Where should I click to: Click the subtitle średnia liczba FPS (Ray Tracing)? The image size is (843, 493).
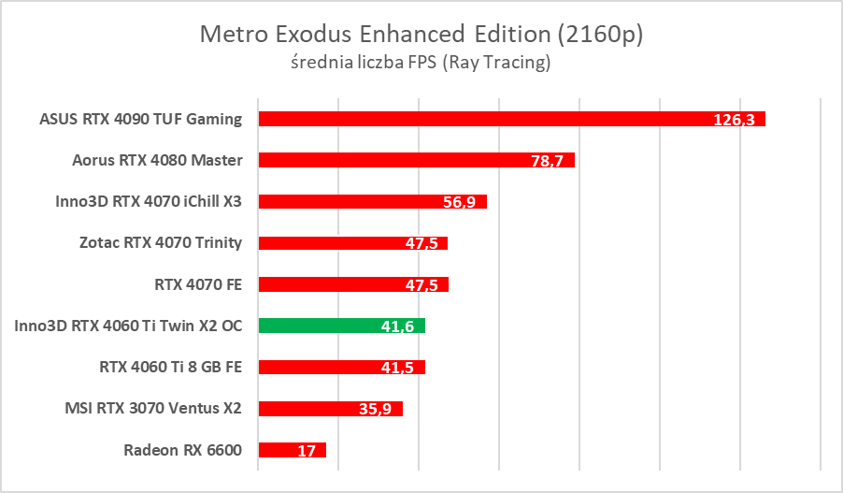421,64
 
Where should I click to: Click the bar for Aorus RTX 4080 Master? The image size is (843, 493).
393,160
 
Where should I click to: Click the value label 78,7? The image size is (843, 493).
546,161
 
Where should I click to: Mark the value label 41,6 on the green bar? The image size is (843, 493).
396,326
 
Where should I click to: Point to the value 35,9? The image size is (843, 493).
374,409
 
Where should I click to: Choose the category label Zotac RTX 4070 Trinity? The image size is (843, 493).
161,243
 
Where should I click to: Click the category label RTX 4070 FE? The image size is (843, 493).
198,284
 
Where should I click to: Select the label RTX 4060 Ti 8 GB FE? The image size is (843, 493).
170,367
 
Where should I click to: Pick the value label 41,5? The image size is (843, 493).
396,368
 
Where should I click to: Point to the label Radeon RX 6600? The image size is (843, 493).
182,450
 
